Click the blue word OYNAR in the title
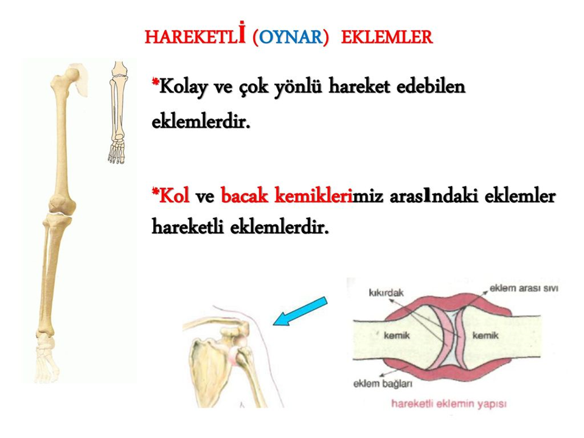[x=291, y=37]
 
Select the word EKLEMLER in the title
[x=387, y=37]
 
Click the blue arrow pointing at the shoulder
[x=300, y=311]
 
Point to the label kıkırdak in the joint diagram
[x=386, y=293]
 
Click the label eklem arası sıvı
[x=524, y=288]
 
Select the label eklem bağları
[x=383, y=383]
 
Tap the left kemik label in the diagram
[x=397, y=335]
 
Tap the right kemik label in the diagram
[x=485, y=335]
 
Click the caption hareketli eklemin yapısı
[x=449, y=404]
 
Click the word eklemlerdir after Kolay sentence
[x=201, y=122]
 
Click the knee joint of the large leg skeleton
[x=60, y=209]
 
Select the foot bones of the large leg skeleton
[x=47, y=358]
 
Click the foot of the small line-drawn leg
[x=117, y=148]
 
